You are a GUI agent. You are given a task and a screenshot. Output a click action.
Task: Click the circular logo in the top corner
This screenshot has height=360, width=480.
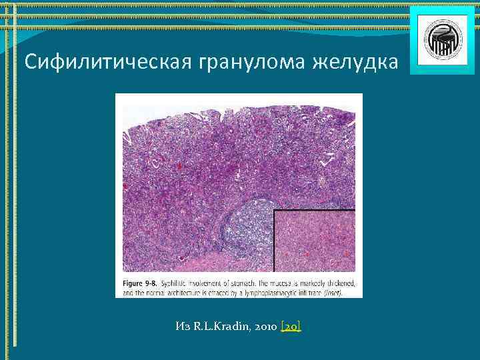point(432,40)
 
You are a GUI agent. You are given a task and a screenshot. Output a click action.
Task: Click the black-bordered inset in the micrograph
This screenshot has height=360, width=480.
point(314,241)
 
